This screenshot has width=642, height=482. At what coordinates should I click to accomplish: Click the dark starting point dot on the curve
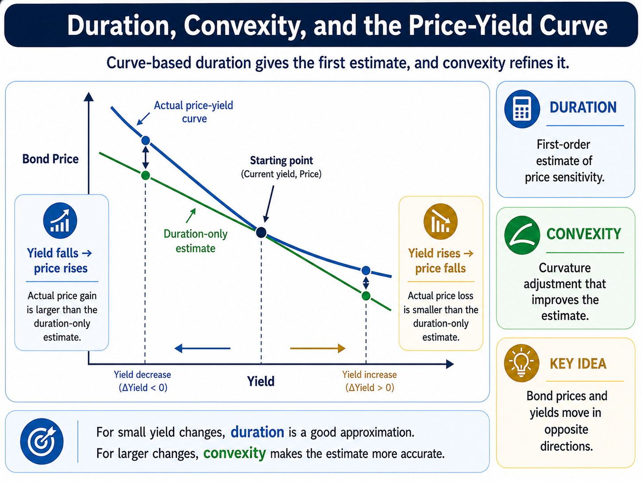point(261,233)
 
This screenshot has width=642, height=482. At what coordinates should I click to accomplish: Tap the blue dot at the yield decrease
point(146,141)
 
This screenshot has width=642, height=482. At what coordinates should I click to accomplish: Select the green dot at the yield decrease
point(146,175)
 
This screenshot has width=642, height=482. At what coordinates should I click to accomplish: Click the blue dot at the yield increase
point(366,270)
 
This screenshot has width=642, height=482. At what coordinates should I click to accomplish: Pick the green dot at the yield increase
point(366,296)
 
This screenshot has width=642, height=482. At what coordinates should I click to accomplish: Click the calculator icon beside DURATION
point(522,109)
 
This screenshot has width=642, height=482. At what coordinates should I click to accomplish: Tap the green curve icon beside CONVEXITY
point(522,235)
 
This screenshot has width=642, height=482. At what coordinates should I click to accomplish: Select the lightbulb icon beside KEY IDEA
point(521,363)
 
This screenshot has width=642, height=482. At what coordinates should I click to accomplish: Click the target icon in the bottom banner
point(42,441)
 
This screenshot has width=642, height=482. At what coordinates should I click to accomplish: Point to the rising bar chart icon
point(60,221)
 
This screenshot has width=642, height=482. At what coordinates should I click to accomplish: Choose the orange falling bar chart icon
point(440,221)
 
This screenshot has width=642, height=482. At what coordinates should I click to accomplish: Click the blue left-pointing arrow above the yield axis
point(202,348)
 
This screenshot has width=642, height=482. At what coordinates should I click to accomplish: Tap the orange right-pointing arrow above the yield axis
point(317,348)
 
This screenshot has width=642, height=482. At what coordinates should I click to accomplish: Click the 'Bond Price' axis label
point(51,159)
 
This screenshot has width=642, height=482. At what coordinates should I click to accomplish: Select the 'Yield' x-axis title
point(261,381)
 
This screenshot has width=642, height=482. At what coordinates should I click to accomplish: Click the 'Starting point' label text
point(282,160)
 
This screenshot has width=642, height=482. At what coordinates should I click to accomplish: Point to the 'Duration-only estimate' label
point(196,241)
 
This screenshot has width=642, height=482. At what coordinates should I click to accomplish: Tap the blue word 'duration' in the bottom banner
point(258,432)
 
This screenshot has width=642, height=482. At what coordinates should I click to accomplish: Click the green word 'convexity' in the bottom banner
point(235,453)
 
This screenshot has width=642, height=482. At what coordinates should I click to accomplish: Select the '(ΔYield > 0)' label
point(370,387)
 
